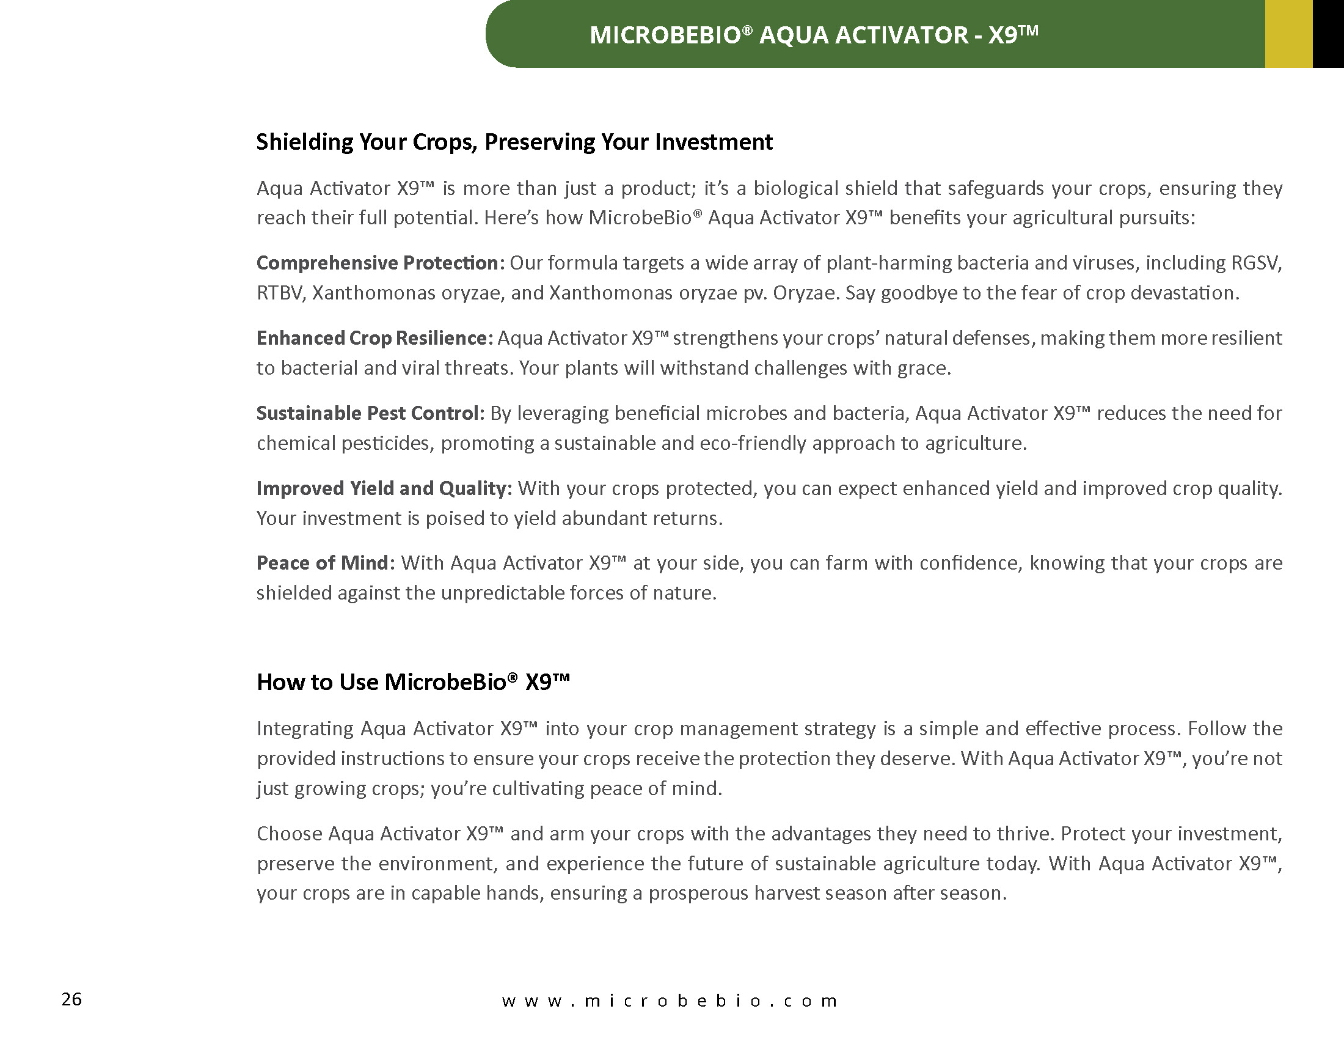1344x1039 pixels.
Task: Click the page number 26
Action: pos(71,999)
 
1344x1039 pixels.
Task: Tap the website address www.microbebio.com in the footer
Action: pos(669,1000)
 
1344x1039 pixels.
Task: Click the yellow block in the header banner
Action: pos(1288,34)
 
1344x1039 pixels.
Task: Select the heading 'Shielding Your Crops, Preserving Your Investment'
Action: pos(514,142)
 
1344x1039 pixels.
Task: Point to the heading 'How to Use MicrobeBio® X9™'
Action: pos(413,682)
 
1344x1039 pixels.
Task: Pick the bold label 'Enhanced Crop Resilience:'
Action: pos(374,338)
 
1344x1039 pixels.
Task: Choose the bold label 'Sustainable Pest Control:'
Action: pos(370,413)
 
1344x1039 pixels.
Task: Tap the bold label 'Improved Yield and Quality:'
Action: pos(384,488)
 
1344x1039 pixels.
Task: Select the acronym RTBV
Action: pos(280,293)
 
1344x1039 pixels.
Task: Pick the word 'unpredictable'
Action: pos(502,593)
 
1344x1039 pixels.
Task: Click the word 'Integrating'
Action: pos(305,729)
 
